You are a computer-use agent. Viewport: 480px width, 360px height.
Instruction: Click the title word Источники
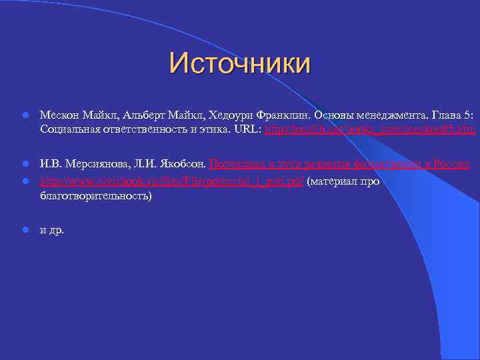click(x=240, y=64)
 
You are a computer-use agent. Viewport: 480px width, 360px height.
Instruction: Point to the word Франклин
click(x=283, y=115)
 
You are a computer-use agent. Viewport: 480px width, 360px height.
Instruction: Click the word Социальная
click(x=69, y=128)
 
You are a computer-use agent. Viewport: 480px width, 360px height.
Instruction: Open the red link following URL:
click(x=370, y=128)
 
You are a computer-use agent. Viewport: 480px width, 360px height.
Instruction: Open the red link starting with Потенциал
click(x=339, y=163)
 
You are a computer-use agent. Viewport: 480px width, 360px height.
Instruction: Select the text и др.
click(x=52, y=231)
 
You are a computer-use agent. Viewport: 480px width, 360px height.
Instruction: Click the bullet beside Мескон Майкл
click(x=24, y=115)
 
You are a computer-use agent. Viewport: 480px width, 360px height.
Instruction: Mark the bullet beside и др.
click(x=24, y=231)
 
